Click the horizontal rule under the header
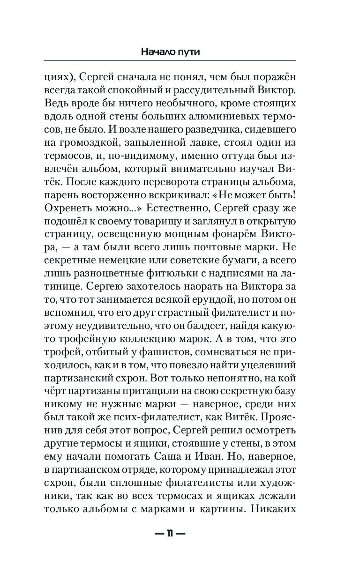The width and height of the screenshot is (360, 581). (170, 60)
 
